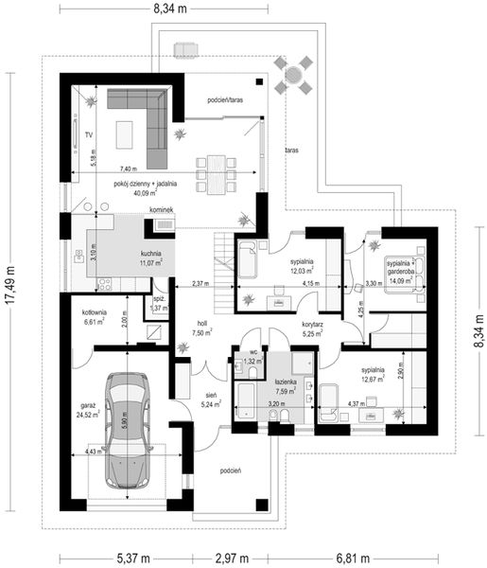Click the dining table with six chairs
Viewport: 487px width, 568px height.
point(216,174)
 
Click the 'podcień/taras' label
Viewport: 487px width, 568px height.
point(225,99)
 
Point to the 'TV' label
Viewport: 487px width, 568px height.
point(88,135)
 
